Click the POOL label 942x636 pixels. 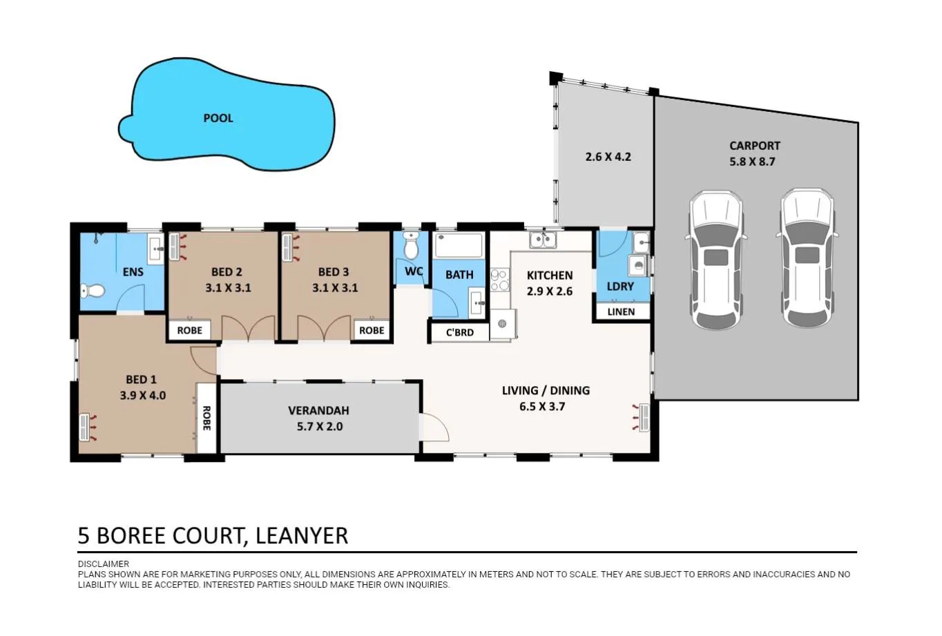[x=218, y=118]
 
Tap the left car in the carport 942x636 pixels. [x=715, y=260]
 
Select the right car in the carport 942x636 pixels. [x=807, y=258]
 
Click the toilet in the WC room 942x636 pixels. [x=411, y=245]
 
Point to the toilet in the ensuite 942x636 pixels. [x=93, y=291]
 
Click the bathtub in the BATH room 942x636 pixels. [x=459, y=245]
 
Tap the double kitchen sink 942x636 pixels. [x=543, y=240]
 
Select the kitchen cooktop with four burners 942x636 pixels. [x=499, y=280]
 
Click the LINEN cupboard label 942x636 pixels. [x=621, y=312]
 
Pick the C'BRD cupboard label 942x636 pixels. [x=460, y=333]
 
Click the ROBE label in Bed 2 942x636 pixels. [x=190, y=331]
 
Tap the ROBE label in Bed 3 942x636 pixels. [x=372, y=331]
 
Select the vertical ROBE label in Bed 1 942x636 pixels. [x=206, y=418]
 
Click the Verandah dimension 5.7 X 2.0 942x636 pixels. [x=320, y=427]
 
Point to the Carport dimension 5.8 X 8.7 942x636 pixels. [x=752, y=162]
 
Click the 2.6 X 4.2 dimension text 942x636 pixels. [x=608, y=157]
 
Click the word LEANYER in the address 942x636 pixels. [x=302, y=536]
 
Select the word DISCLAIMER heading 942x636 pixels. [x=104, y=564]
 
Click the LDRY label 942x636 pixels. [x=620, y=287]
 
